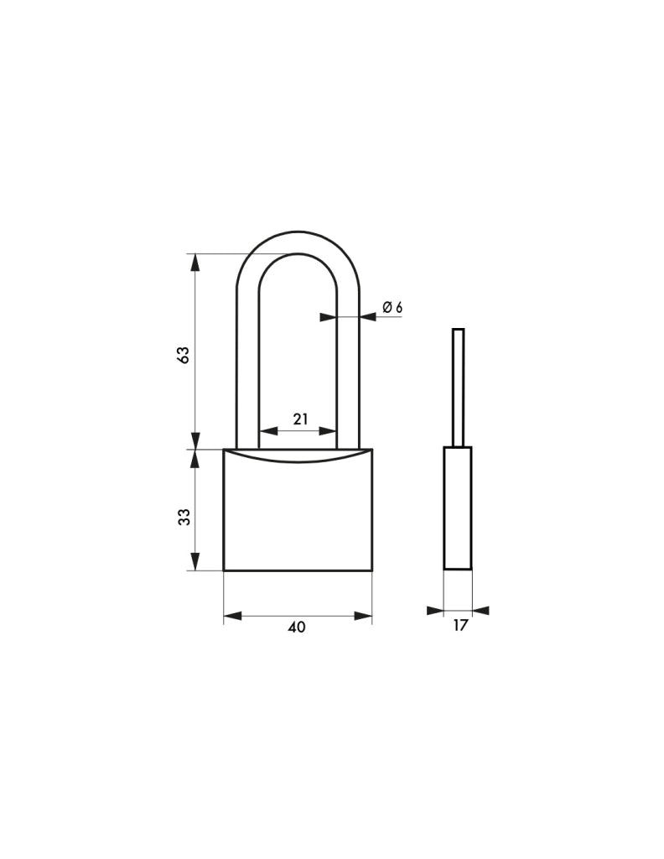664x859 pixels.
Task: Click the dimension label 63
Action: (184, 355)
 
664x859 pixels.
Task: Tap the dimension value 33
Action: (185, 517)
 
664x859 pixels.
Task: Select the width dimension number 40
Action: (297, 627)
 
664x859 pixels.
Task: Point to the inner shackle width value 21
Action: (300, 419)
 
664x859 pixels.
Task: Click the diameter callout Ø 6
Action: (392, 307)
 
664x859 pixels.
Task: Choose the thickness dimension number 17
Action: (461, 625)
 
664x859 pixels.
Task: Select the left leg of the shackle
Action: (246, 367)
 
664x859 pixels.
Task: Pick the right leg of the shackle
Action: (348, 367)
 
